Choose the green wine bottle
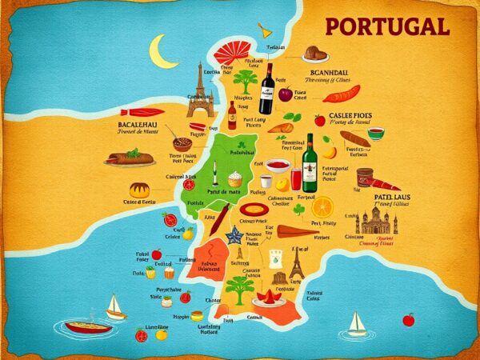pos(309,163)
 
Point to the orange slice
pos(322,205)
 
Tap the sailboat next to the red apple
pos(356,323)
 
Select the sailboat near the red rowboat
pos(116,306)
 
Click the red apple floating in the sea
pos(408,320)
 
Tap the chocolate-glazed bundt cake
pos(140,190)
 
